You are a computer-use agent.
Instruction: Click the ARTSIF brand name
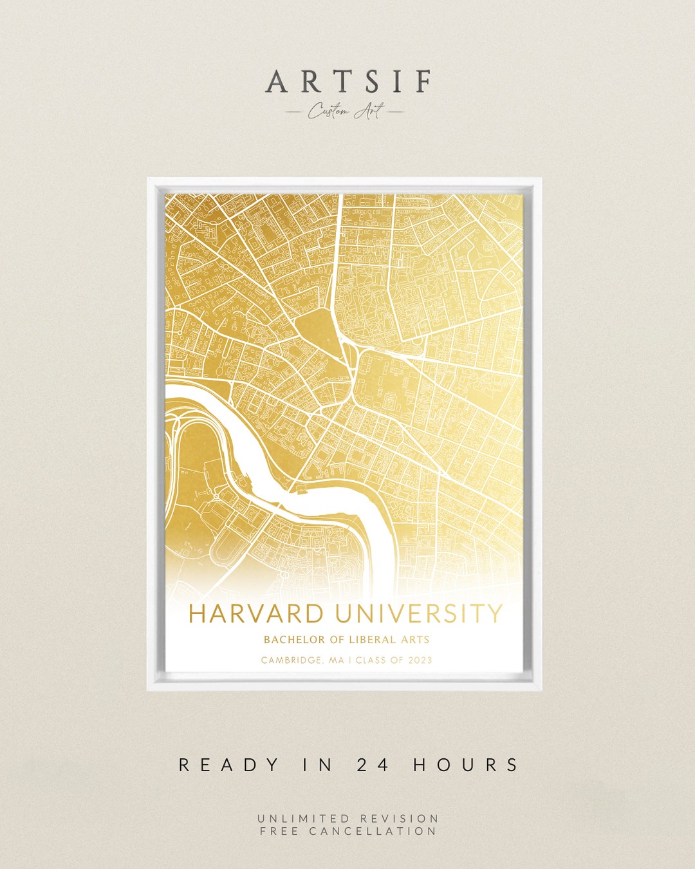pyautogui.click(x=348, y=82)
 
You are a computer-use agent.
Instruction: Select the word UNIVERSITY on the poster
pyautogui.click(x=418, y=613)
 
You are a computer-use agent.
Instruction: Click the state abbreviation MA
pyautogui.click(x=337, y=660)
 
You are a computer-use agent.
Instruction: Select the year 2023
pyautogui.click(x=420, y=660)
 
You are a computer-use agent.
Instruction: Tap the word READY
pyautogui.click(x=228, y=765)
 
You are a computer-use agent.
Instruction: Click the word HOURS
pyautogui.click(x=466, y=765)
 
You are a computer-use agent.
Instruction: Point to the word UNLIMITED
pyautogui.click(x=304, y=818)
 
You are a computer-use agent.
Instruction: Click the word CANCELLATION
pyautogui.click(x=373, y=831)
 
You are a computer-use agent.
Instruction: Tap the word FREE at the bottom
pyautogui.click(x=280, y=831)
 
